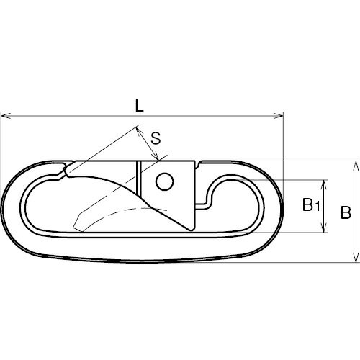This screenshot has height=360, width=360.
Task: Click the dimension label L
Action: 139,106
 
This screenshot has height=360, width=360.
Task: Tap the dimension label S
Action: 156,138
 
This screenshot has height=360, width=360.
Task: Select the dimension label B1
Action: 311,204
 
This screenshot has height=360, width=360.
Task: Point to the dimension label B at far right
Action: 346,212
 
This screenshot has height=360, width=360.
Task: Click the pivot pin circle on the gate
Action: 164,181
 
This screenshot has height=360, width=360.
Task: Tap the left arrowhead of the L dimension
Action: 6,116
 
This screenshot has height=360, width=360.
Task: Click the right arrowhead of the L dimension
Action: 279,116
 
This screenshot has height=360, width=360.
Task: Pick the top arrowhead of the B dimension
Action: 357,166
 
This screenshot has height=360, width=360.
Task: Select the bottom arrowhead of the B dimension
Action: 357,257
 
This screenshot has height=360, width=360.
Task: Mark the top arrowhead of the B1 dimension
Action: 324,184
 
